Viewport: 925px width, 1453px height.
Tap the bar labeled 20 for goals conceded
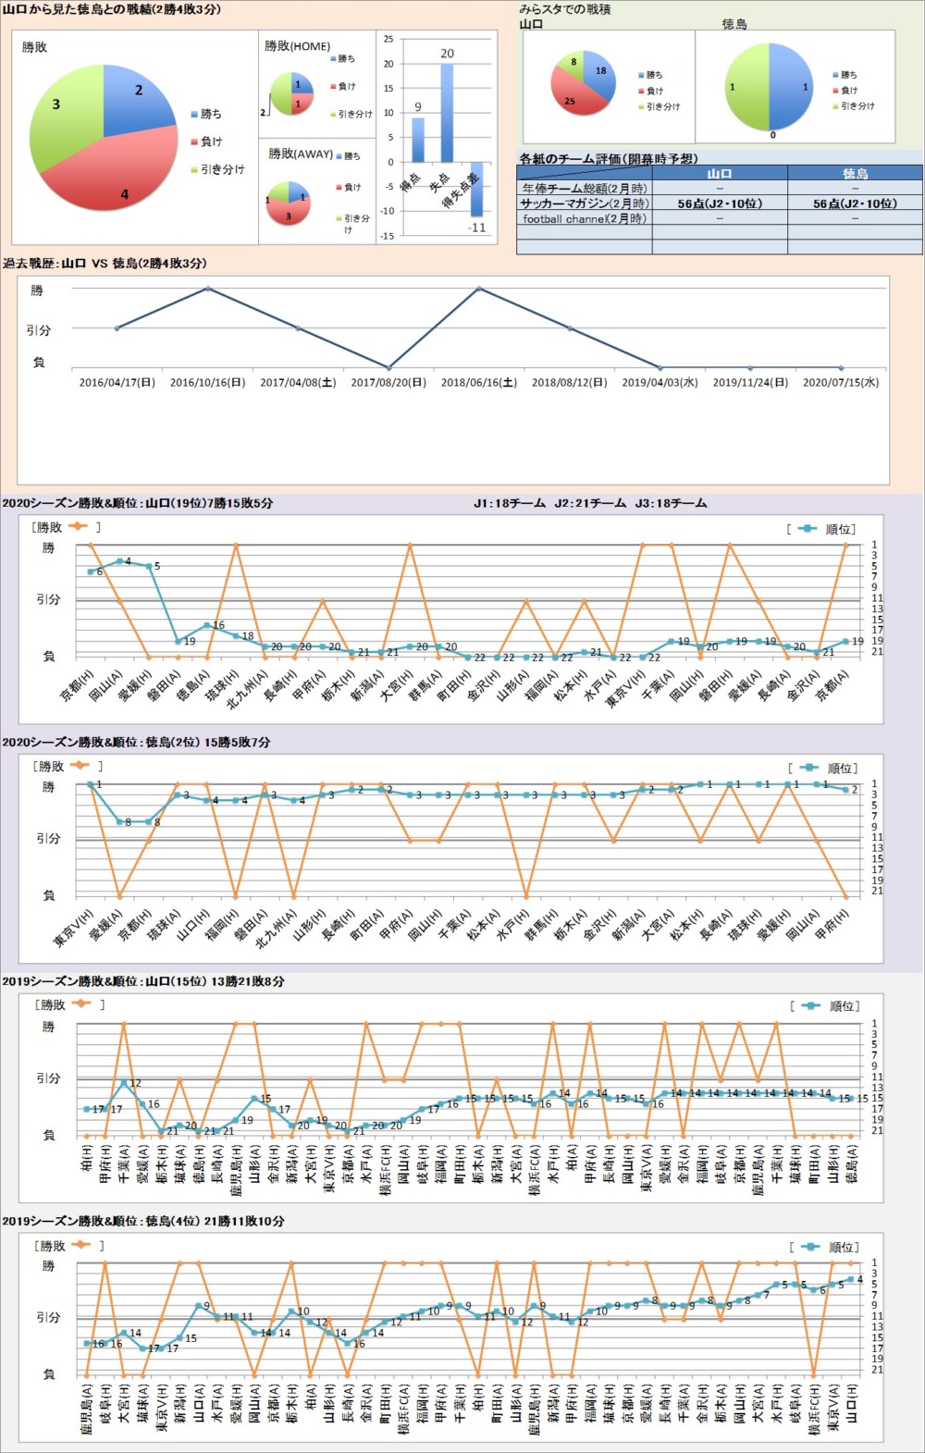point(447,113)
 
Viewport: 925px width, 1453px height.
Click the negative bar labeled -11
point(476,190)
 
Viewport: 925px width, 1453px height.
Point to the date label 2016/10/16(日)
point(207,382)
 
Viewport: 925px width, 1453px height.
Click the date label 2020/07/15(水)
point(840,382)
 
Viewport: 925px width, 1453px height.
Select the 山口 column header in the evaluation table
point(719,173)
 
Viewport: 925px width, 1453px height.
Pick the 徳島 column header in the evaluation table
point(855,173)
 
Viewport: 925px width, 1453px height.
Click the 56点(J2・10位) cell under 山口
point(719,203)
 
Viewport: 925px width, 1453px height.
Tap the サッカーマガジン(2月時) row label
point(584,203)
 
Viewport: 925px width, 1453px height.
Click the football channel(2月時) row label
point(584,219)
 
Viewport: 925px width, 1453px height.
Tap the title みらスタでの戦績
point(564,9)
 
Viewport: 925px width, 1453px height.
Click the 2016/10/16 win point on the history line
point(207,289)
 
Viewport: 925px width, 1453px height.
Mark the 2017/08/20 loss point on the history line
point(388,367)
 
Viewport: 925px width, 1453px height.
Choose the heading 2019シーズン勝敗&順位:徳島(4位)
point(143,1221)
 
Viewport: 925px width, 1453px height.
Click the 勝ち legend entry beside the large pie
point(211,114)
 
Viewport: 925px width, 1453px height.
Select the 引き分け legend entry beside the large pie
point(222,169)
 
